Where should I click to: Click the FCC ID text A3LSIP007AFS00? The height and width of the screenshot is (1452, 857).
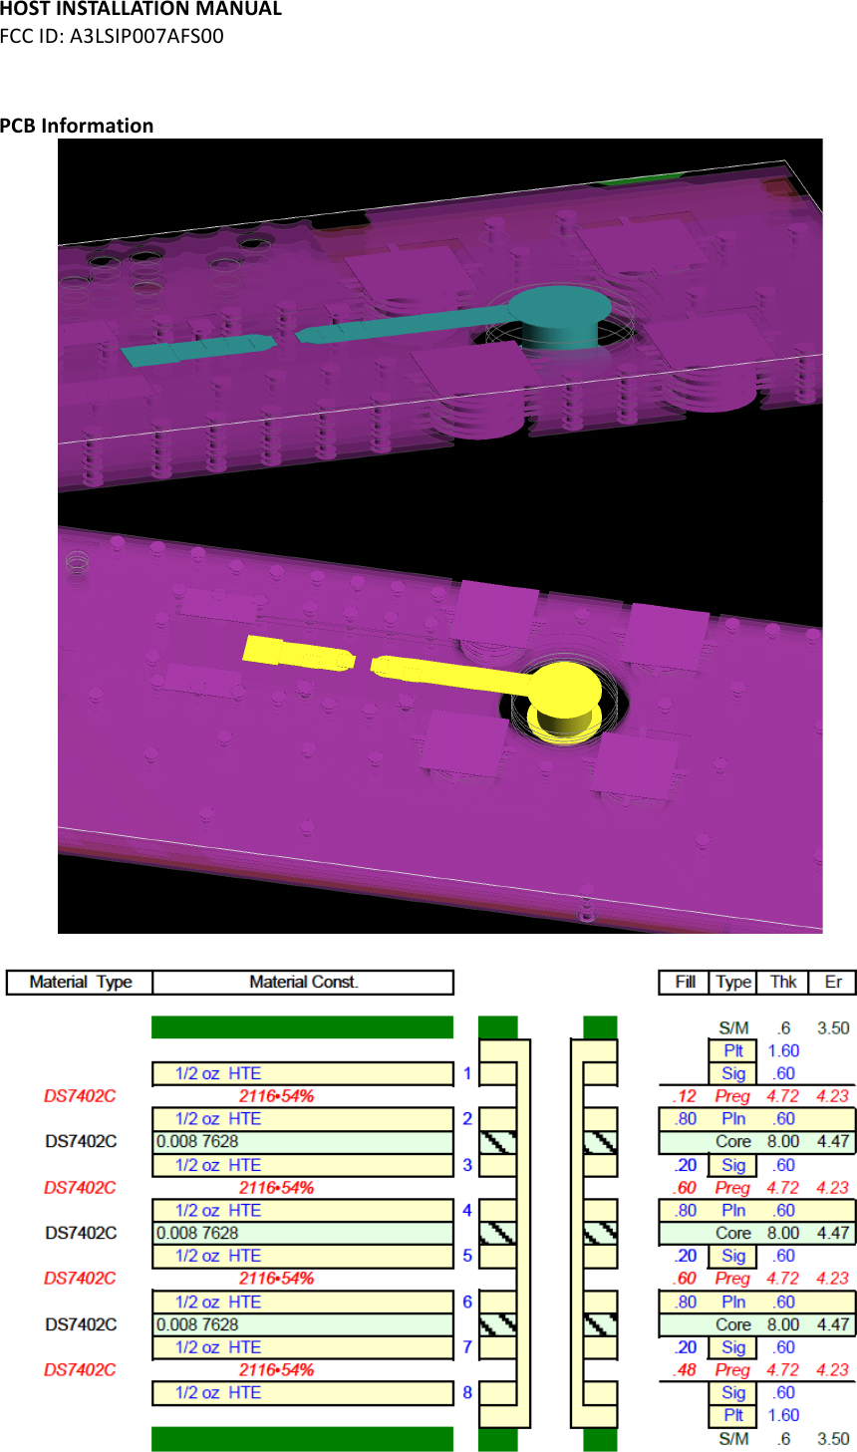pyautogui.click(x=146, y=36)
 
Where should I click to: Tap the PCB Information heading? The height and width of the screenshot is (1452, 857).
pyautogui.click(x=77, y=126)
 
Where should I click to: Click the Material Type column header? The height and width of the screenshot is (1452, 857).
pyautogui.click(x=81, y=982)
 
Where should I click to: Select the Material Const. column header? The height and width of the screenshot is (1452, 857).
pyautogui.click(x=303, y=982)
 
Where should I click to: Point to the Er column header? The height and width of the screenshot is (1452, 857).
pyautogui.click(x=833, y=982)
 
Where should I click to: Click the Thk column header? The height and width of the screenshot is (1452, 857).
pyautogui.click(x=783, y=982)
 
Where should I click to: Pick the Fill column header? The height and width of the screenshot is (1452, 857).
pyautogui.click(x=686, y=982)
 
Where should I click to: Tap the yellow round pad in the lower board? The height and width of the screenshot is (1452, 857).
pyautogui.click(x=565, y=689)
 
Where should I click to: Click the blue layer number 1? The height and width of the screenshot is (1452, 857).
pyautogui.click(x=467, y=1073)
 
